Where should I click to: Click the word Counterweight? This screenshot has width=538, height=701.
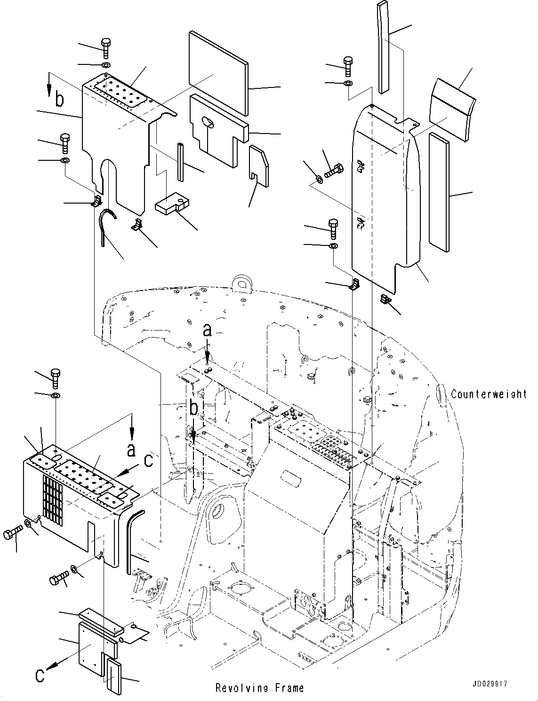489,394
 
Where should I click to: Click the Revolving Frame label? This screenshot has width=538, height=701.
259,688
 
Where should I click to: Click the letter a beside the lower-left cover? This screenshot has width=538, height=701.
131,450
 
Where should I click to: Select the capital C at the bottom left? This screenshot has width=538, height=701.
41,675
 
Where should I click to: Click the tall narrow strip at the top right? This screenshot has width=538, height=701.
383,47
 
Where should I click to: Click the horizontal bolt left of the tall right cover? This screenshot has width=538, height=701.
333,170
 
